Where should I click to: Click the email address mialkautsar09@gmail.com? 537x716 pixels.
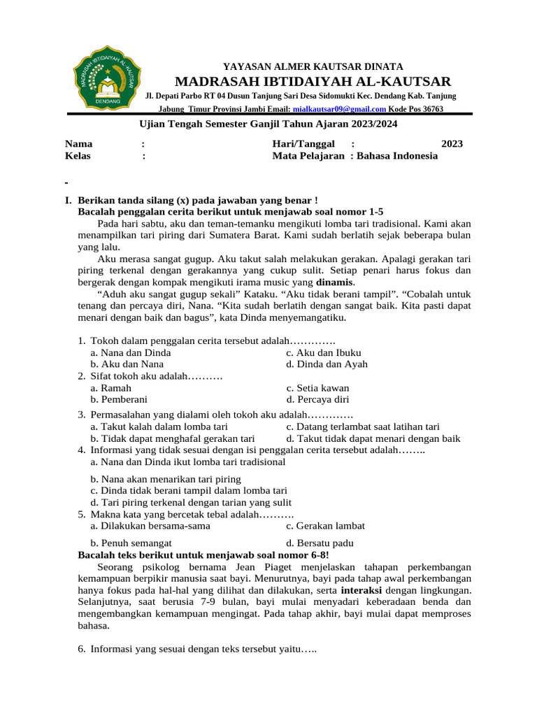tap(339, 109)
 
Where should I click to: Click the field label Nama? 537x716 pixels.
tap(79, 143)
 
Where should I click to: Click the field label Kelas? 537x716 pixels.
tap(78, 156)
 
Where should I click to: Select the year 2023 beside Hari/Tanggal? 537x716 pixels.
tap(452, 143)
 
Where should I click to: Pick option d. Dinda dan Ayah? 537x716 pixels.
tap(327, 364)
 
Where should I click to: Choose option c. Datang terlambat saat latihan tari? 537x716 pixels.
tap(363, 427)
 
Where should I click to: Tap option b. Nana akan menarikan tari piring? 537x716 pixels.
tap(166, 479)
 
